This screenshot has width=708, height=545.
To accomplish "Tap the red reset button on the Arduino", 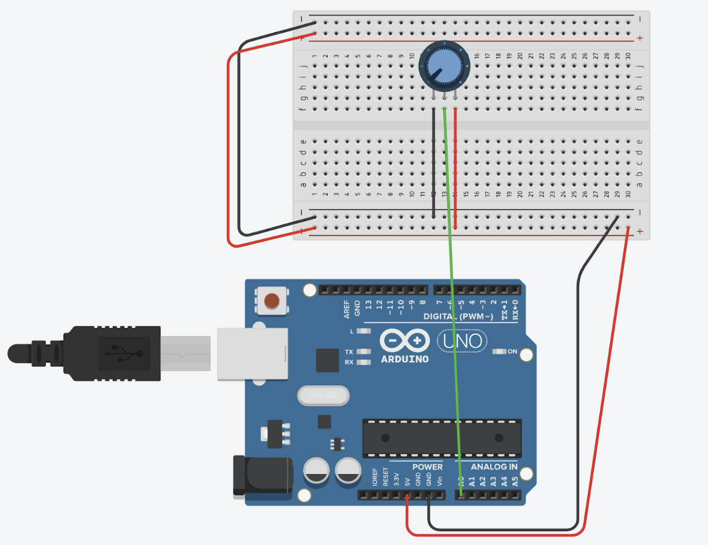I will pos(272,300).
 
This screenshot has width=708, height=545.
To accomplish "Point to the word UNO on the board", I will pos(463,342).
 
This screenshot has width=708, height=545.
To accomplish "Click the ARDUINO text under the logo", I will pos(404,360).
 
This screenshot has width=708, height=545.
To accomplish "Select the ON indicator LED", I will pos(499,351).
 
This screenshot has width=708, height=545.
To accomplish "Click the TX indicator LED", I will pos(362,352).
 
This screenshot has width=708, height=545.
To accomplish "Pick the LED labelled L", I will pos(362,331).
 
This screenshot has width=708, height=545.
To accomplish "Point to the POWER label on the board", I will pos(427,467).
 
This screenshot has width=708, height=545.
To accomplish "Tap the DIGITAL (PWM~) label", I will pos(458,317).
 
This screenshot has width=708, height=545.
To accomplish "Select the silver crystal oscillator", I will pos(324,396).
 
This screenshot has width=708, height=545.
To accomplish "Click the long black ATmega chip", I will pos(442,439).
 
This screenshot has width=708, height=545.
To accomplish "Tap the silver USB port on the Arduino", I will pos(252,353).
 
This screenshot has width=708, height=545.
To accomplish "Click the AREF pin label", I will pos(347,309).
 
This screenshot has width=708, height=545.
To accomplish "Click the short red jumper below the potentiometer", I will pos(455,166).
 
